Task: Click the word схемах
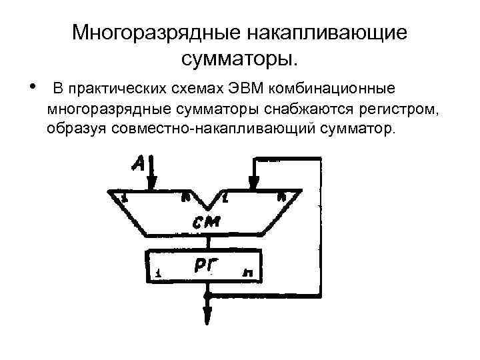(200, 89)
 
